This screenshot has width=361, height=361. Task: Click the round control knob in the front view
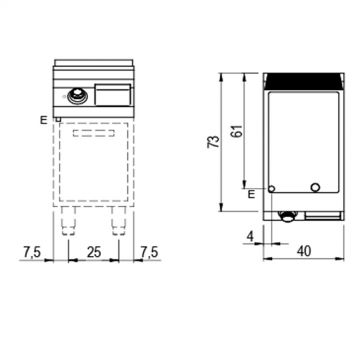click(x=77, y=95)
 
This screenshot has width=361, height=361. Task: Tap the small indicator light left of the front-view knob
click(x=63, y=96)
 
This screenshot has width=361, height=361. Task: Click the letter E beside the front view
click(x=44, y=121)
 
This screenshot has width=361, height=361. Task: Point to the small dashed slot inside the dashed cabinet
click(x=94, y=134)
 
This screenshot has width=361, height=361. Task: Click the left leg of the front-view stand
click(x=69, y=222)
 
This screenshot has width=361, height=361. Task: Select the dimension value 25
click(x=93, y=252)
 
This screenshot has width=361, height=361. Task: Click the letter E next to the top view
click(x=251, y=194)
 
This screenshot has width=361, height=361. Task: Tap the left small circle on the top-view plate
click(x=272, y=189)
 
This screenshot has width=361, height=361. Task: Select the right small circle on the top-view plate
click(x=315, y=187)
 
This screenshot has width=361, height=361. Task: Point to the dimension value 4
click(x=250, y=236)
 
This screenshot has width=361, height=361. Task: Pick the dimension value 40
click(x=304, y=251)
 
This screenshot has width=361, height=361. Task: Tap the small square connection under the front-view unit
click(x=58, y=120)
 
